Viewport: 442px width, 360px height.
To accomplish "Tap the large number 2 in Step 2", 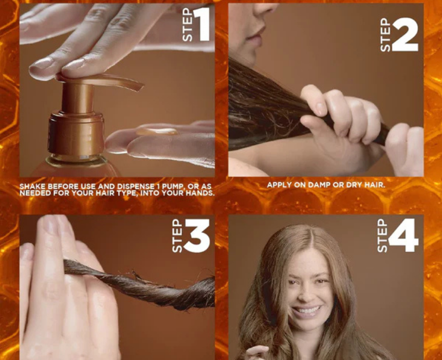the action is [x=405, y=34].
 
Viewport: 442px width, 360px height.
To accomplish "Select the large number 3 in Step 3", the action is [x=197, y=236].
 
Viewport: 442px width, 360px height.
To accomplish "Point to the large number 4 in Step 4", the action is [x=403, y=236].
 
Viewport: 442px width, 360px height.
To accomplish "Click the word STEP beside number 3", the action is [x=177, y=236].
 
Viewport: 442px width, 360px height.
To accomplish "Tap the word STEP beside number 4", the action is [x=382, y=236].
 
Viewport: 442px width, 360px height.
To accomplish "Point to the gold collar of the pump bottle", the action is [x=77, y=133].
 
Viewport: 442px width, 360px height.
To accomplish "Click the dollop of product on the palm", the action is [x=157, y=132].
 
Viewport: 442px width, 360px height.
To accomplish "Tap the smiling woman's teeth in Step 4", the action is [x=307, y=311].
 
